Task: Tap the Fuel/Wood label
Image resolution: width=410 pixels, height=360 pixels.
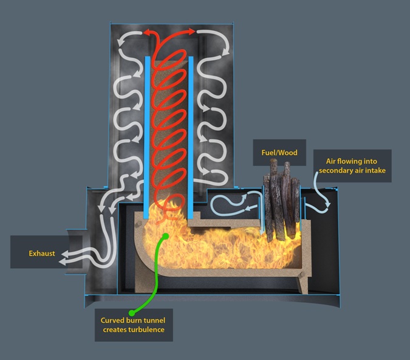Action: pyautogui.click(x=275, y=153)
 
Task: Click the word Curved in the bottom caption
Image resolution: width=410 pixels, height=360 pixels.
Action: pyautogui.click(x=114, y=319)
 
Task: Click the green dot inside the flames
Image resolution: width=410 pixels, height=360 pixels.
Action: pyautogui.click(x=163, y=235)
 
